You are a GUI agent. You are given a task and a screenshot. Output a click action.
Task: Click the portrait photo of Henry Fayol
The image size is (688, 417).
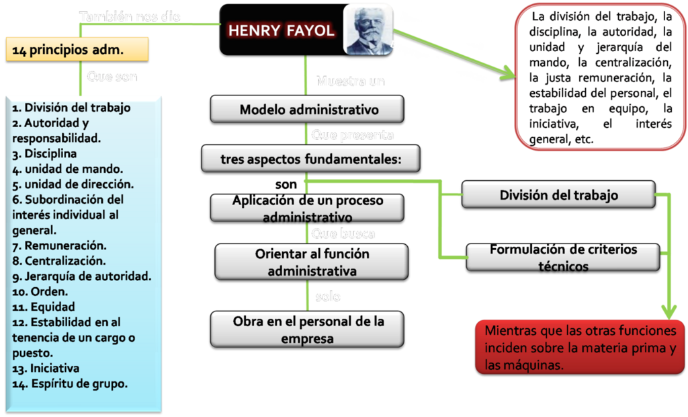coord(368,28)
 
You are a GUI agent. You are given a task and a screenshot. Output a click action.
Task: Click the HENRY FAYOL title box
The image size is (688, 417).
coord(281,30)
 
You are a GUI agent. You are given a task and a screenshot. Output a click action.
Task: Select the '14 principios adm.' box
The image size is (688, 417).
coord(77,49)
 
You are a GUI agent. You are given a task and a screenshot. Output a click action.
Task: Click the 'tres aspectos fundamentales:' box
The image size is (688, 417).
coord(310,159)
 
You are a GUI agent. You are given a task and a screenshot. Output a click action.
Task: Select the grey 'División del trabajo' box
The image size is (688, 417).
coord(558,196)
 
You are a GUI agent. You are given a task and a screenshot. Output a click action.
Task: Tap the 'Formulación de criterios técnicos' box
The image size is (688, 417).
coord(563,257)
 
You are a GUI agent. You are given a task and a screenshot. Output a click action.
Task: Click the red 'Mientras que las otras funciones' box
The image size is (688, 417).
coord(580,348)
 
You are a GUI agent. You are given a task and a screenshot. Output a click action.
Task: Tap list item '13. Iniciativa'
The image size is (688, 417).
coord(46,369)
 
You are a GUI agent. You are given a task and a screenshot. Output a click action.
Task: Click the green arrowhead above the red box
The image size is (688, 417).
coord(669,311)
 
